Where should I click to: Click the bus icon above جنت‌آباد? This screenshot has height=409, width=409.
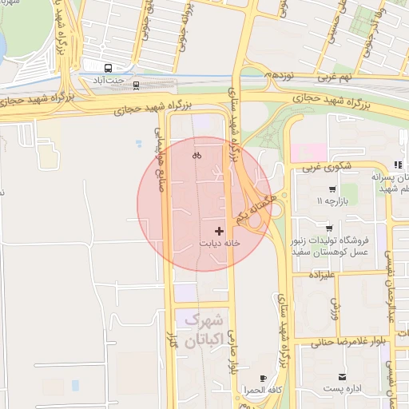click(108, 68)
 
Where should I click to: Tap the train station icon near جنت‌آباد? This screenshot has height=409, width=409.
click(136, 84)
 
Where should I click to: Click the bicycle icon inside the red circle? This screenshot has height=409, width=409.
click(197, 156)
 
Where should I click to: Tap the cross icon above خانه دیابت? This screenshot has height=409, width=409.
click(220, 230)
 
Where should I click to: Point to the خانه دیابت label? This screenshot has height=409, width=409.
click(220, 243)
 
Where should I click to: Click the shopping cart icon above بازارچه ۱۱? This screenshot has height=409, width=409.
click(332, 189)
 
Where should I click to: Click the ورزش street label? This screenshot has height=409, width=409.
click(336, 308)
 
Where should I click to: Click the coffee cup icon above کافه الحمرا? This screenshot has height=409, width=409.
click(264, 378)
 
